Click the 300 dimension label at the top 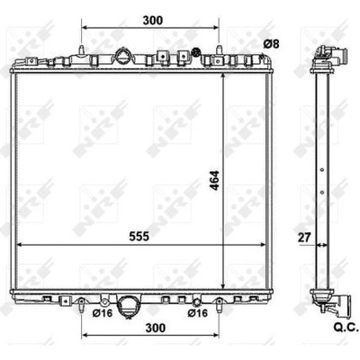[153, 21]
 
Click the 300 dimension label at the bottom [156, 328]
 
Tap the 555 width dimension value [139, 237]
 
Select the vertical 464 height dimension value [214, 180]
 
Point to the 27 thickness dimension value [304, 238]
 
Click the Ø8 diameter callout [271, 44]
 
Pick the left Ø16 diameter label [103, 313]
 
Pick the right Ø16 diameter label [198, 313]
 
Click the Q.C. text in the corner [346, 328]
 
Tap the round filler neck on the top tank [123, 56]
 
